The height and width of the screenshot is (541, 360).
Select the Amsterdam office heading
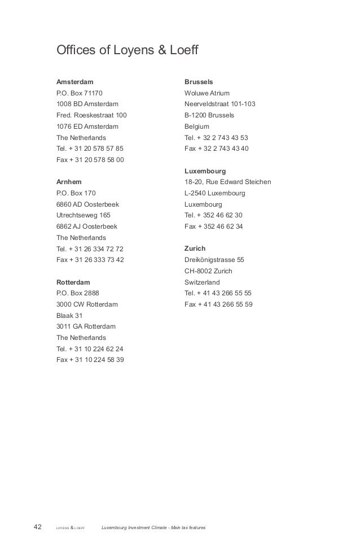pos(75,81)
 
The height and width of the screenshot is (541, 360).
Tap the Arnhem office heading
pos(69,182)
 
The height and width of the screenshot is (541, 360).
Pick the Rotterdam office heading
pos(73,281)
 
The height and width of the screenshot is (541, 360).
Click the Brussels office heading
pos(199,81)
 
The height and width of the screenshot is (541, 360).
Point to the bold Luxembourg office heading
pos(205,171)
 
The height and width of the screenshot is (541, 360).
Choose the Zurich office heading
pos(195,248)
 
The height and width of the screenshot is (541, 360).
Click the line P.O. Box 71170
pos(80,93)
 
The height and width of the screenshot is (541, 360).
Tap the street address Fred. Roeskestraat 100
pos(92,115)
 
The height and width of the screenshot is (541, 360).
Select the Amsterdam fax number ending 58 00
pos(90,160)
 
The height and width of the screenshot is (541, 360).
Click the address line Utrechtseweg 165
pos(84,215)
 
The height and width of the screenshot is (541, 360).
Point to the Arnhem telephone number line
pos(90,248)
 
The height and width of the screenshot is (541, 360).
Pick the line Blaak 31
pos(69,316)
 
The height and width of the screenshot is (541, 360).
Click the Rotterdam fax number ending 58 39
pos(90,360)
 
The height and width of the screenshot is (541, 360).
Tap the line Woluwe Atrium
pos(207,93)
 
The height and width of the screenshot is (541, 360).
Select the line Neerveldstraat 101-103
pos(220,104)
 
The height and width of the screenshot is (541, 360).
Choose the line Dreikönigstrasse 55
pos(214,260)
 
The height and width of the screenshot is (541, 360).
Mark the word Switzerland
pos(203,282)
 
